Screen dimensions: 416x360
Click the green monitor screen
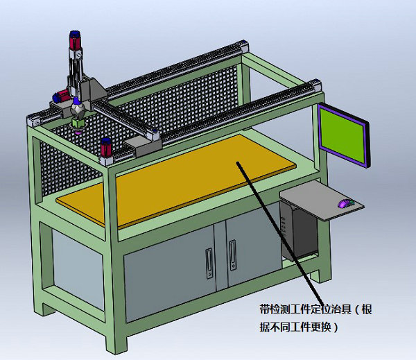(343, 135)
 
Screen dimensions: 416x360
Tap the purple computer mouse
(345, 203)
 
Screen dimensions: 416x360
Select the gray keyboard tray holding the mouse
(322, 200)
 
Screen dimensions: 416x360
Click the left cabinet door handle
(209, 263)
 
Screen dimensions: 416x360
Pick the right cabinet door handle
(233, 255)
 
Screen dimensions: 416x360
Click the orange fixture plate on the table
(176, 182)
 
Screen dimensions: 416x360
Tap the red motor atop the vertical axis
(75, 40)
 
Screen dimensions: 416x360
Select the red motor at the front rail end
(106, 148)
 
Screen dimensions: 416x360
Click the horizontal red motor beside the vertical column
(61, 96)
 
